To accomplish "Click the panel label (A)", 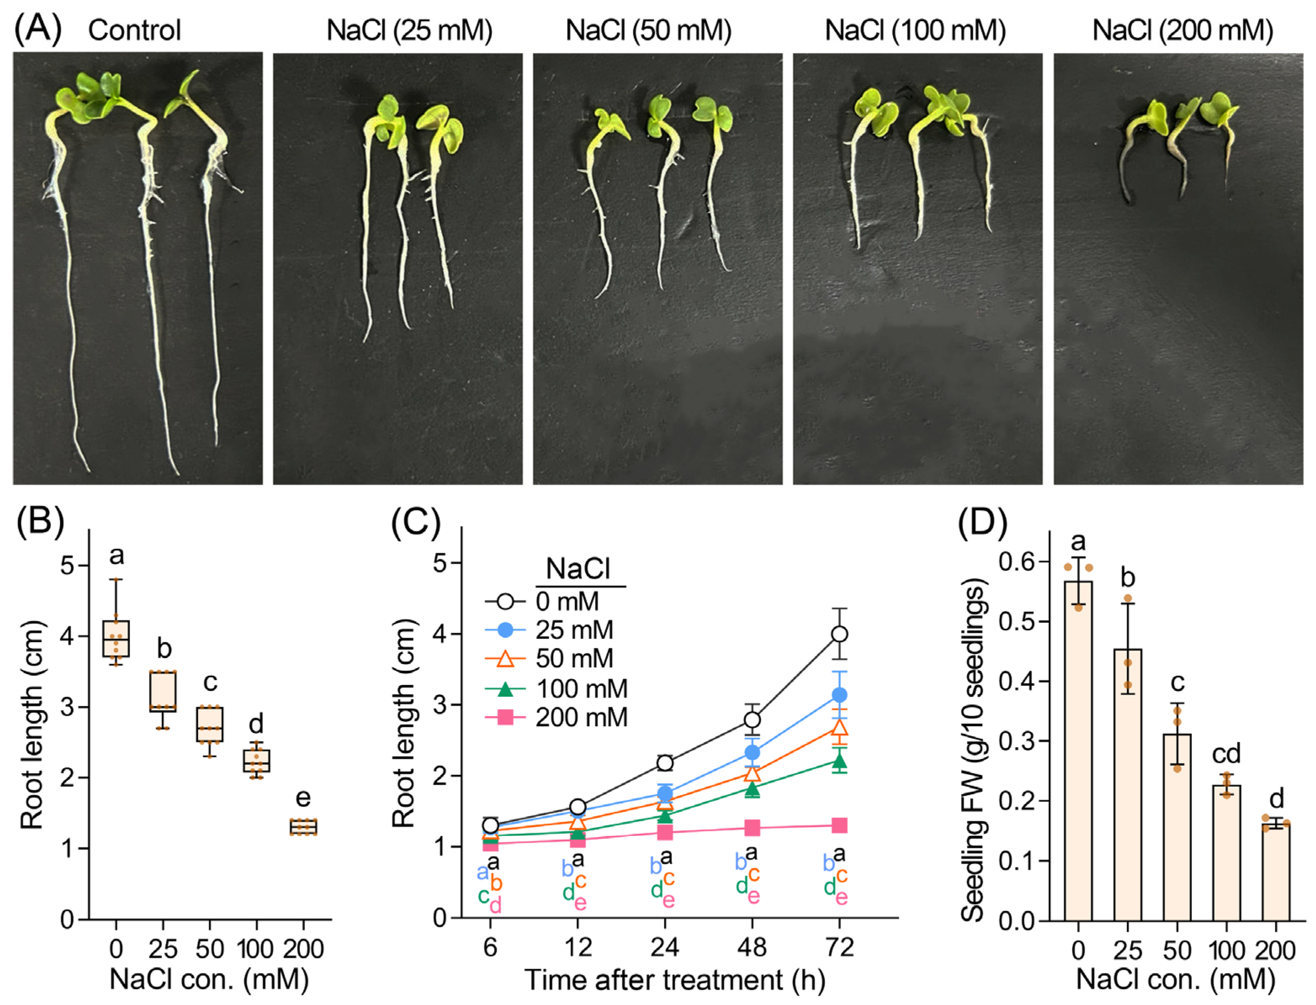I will pos(37,29).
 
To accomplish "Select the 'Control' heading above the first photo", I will pos(134,30).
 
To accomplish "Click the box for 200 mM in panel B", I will pos(303,827).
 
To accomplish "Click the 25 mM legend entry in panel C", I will pos(573,630).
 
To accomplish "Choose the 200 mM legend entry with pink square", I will pos(581,717).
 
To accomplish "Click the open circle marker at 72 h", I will pos(840,634).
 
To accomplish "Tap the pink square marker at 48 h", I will pos(752,828).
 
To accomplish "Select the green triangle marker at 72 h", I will pos(840,762).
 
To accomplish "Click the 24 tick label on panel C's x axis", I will pos(665,947).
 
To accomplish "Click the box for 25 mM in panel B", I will pos(163,691).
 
